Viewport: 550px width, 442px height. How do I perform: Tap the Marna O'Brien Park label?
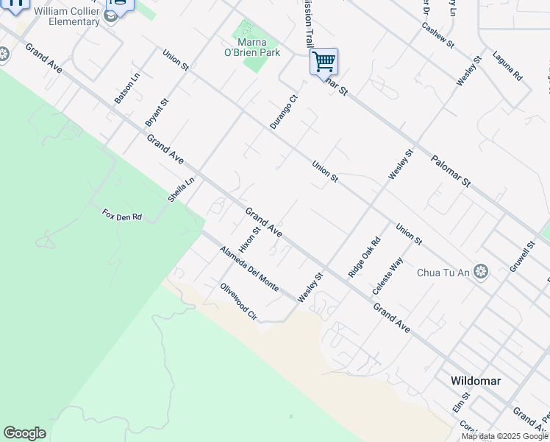tap(251, 47)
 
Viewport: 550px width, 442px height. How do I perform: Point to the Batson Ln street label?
tap(127, 88)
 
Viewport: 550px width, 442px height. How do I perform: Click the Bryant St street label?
tap(157, 111)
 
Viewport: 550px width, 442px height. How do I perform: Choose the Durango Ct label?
tap(283, 111)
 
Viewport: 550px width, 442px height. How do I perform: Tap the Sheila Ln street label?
tap(181, 189)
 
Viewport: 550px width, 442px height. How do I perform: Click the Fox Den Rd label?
tap(122, 216)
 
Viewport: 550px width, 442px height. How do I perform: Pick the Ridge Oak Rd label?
tap(365, 256)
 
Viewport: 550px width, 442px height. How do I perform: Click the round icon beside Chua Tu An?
tap(481, 273)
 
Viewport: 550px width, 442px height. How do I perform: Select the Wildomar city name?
tap(476, 382)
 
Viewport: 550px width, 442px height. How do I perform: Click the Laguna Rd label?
tap(507, 66)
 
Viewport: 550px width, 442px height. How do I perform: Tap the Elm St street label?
tap(460, 403)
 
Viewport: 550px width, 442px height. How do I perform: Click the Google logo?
tap(24, 433)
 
